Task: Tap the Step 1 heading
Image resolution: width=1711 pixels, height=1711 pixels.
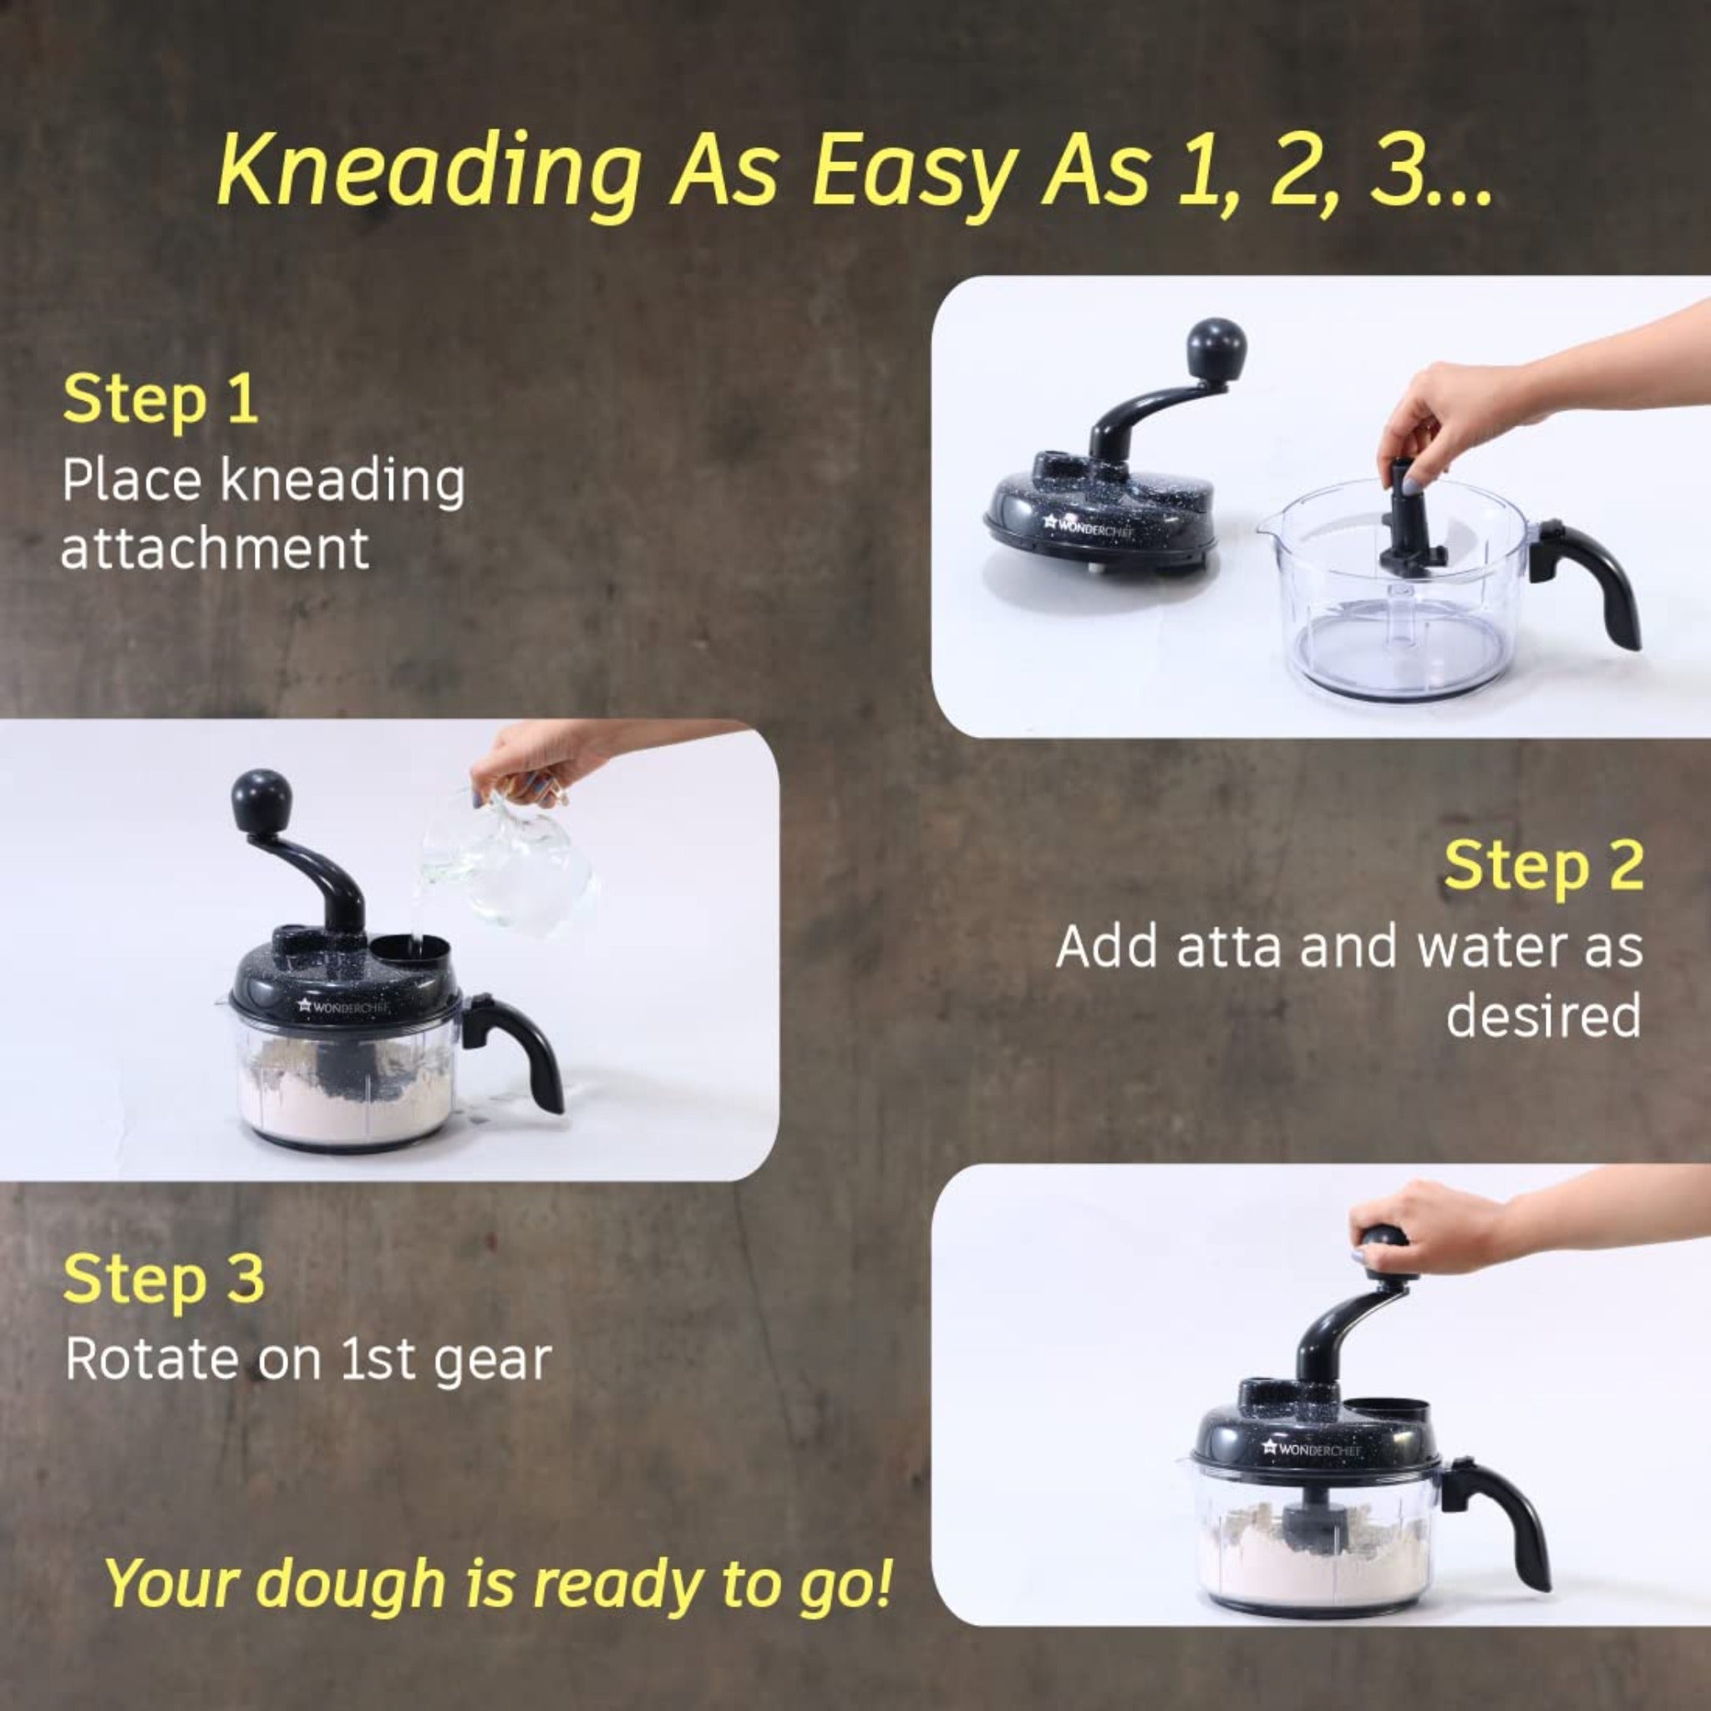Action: coord(160,399)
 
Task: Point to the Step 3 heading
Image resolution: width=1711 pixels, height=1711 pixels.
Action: coord(164,1279)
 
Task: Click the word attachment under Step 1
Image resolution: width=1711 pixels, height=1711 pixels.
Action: coord(215,548)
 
